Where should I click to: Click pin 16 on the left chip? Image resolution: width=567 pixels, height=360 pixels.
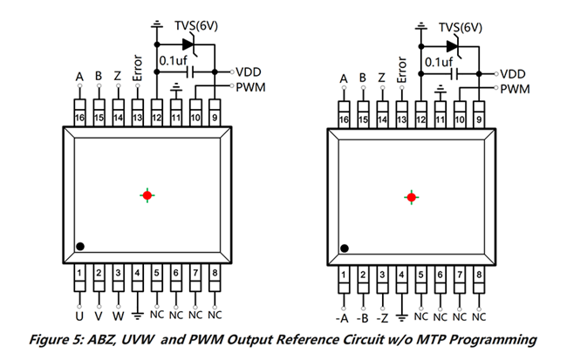[79, 117]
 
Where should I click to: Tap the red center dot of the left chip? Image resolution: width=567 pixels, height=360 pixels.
[147, 195]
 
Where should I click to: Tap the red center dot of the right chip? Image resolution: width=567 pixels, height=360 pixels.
[411, 197]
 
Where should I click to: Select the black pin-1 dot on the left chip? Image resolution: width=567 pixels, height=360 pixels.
[79, 247]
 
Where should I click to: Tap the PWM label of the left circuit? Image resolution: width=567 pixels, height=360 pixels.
[249, 87]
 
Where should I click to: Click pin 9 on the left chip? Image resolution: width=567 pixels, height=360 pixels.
[215, 117]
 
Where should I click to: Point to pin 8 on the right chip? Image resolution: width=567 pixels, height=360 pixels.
[478, 276]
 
